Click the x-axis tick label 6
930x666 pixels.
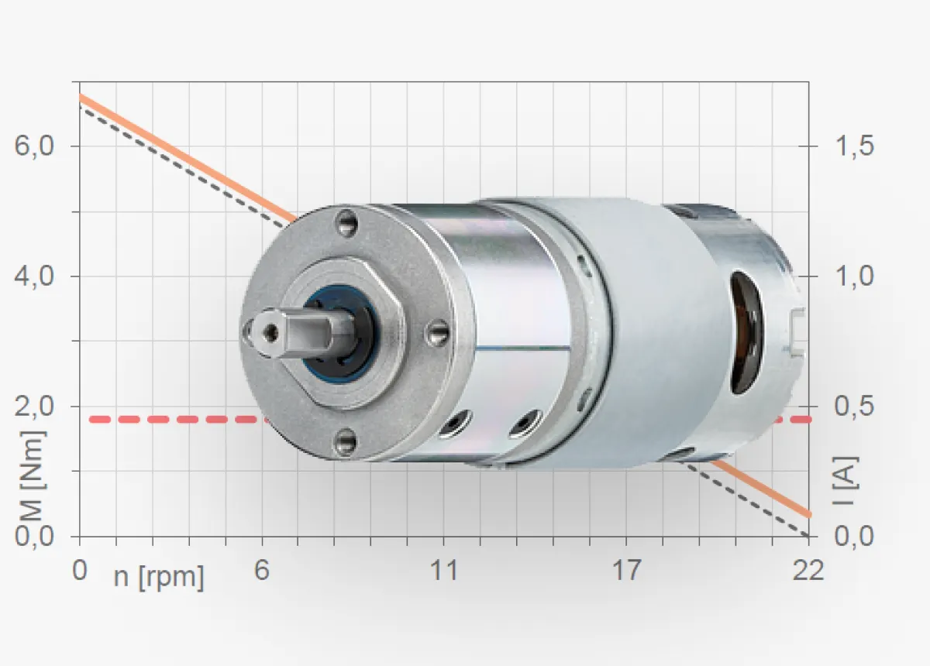coord(262,571)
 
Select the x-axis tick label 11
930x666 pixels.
coord(444,571)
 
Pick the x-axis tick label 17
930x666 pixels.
coord(626,571)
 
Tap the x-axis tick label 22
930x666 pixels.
coord(808,571)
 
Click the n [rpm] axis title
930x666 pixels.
coord(159,578)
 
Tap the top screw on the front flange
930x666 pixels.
coord(346,225)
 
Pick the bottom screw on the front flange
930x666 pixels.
coord(345,442)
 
